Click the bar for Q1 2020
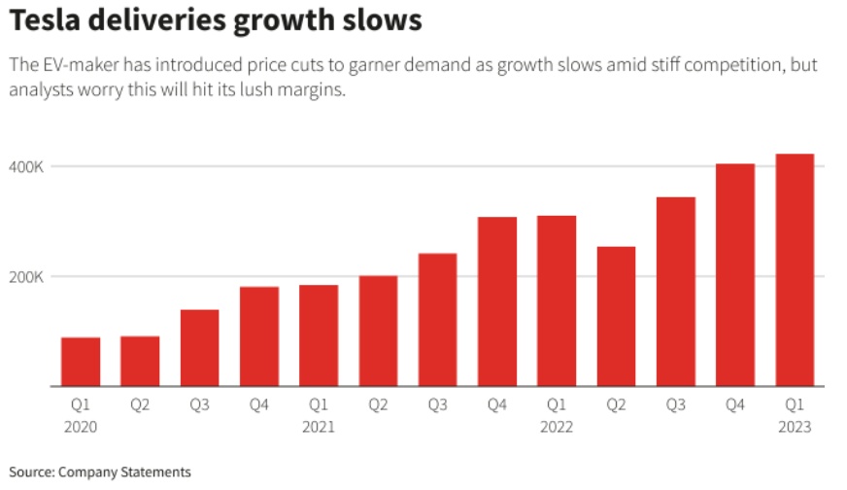click(x=81, y=362)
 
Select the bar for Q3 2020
click(x=200, y=348)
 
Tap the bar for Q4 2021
click(x=497, y=301)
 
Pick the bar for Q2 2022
click(x=616, y=317)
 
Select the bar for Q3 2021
click(x=437, y=320)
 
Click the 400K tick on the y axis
click(x=27, y=167)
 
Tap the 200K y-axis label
click(x=27, y=277)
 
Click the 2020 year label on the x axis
click(x=81, y=427)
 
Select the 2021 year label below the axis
click(x=319, y=427)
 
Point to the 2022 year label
click(x=557, y=427)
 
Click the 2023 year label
click(x=795, y=427)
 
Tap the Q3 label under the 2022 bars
click(x=675, y=405)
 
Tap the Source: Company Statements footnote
click(x=101, y=472)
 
